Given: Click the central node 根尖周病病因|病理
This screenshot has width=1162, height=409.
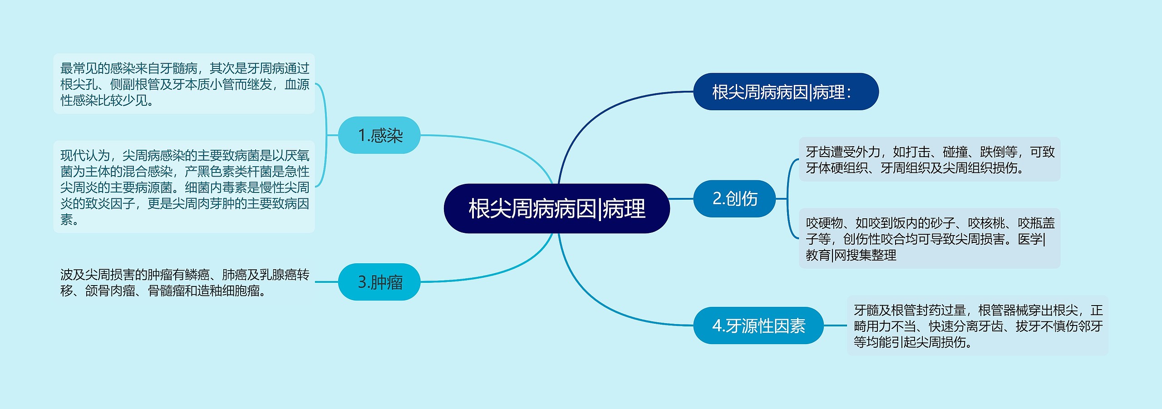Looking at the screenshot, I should pos(556,209).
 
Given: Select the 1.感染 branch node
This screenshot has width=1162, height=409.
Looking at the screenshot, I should pos(379,135).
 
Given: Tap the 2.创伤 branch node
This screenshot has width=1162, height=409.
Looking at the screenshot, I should pos(734,198).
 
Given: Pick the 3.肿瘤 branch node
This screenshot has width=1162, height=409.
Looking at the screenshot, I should pos(379,282).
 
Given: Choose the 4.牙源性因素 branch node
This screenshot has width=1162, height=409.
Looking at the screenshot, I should pos(758,325).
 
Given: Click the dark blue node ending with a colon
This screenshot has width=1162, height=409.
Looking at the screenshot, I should pos(785,92).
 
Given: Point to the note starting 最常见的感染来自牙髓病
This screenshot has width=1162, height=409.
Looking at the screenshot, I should pos(184,84).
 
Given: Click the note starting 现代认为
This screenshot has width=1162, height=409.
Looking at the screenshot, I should pos(184,187).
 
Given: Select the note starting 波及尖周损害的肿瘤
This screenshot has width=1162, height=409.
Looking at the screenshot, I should pos(184,282).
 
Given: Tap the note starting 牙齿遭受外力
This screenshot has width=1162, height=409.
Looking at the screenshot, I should pos(929,160).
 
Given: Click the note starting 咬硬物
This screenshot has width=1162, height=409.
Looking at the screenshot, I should pos(929,239).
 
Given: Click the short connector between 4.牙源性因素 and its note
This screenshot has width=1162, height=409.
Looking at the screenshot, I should pos(835,325).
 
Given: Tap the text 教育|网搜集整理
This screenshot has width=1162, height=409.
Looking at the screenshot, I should pos(851,255).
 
